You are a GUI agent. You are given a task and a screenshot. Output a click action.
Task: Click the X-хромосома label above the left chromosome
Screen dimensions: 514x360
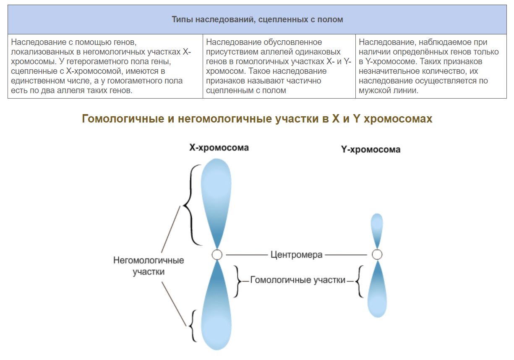219,148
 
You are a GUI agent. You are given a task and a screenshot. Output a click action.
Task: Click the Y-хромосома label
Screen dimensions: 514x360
370,149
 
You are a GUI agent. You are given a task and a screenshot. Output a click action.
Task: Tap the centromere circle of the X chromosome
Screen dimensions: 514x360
217,255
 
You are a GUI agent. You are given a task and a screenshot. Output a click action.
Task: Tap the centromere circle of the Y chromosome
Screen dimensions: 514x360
377,254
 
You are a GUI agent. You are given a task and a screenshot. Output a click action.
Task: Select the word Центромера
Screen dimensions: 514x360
296,255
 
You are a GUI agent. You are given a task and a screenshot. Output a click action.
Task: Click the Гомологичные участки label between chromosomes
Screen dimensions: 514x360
297,280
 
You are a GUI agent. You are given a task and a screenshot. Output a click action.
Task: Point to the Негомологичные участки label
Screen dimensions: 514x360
149,266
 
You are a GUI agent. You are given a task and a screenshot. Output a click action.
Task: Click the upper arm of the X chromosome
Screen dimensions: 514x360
216,202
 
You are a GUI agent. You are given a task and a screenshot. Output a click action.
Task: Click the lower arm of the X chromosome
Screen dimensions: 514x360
217,305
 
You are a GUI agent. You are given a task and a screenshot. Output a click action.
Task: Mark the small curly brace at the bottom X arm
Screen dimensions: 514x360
193,326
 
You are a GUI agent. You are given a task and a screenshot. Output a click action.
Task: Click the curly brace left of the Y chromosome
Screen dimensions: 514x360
359,281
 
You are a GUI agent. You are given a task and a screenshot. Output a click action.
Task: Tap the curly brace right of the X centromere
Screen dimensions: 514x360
237,281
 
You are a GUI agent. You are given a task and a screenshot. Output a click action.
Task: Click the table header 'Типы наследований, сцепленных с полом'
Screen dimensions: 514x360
257,19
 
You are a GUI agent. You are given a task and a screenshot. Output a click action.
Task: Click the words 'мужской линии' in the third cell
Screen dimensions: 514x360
389,90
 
